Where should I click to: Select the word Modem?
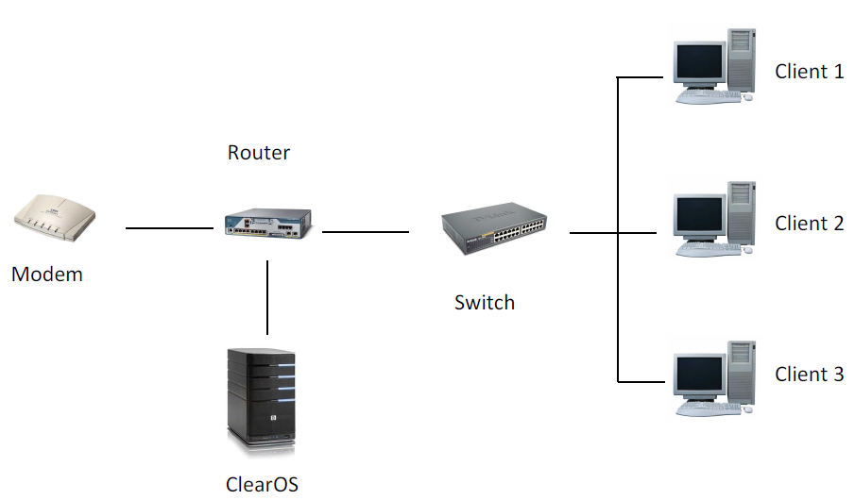click(x=47, y=275)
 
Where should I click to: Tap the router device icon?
click(x=267, y=224)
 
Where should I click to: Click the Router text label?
click(x=258, y=153)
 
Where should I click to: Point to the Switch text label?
click(x=484, y=303)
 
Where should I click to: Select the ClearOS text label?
click(x=262, y=485)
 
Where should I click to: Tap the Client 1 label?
click(x=809, y=72)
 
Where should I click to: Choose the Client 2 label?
click(x=809, y=224)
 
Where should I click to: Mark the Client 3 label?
click(x=809, y=375)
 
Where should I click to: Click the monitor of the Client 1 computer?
click(x=698, y=64)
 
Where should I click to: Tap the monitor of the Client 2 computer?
click(x=698, y=216)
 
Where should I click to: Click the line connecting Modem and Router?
click(x=169, y=228)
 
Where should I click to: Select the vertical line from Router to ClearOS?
click(x=268, y=297)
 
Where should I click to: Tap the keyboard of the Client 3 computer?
click(x=709, y=408)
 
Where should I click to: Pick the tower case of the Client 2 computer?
click(x=741, y=212)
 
